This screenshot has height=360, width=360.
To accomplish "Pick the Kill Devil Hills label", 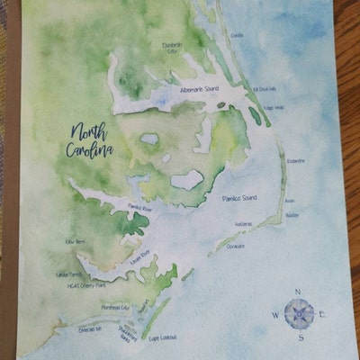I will point(267,90).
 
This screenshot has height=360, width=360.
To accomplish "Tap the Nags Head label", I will point(274,108).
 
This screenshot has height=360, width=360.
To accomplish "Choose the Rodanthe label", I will point(296,161).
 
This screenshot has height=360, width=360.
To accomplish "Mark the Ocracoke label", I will point(236,246).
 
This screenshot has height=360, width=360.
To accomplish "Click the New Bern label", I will point(75,242).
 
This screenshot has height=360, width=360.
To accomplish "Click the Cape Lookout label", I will point(163,337).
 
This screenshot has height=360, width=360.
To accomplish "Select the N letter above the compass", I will point(299,291).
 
